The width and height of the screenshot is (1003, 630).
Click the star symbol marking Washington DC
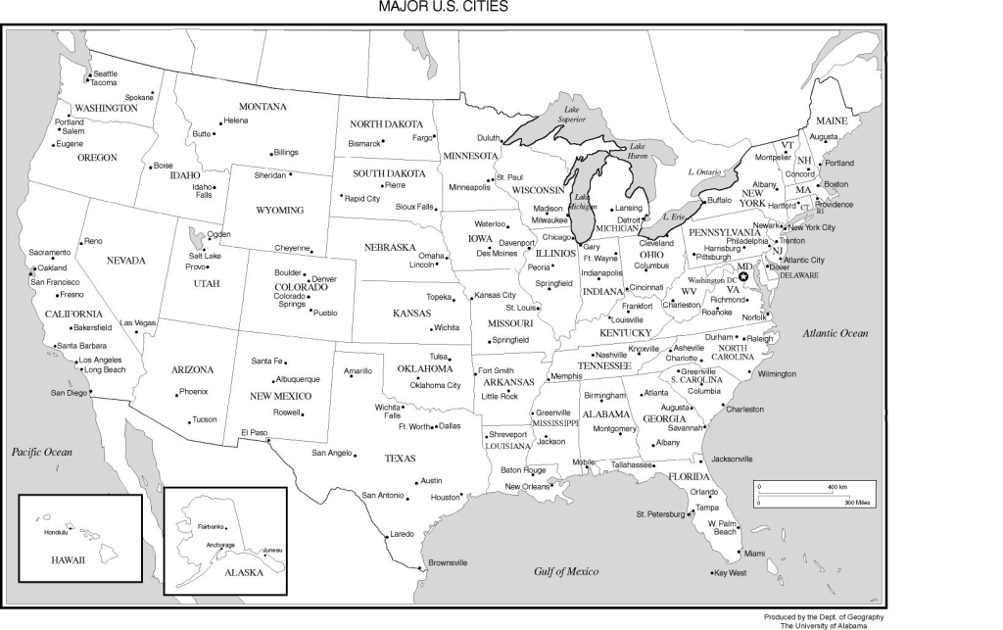coord(743,277)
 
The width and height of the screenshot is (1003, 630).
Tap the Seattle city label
coord(105,73)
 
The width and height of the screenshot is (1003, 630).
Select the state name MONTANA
coord(263,106)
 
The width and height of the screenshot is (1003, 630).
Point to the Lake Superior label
coord(571,115)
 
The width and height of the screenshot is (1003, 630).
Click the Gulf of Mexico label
coord(566,571)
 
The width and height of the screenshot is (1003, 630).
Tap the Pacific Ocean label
coord(42,452)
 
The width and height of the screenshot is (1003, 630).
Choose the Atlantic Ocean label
coord(836,333)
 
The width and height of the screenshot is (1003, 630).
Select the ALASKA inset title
coord(244,573)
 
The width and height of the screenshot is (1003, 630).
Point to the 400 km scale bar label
coord(836,487)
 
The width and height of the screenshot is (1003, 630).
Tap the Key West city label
coord(730,572)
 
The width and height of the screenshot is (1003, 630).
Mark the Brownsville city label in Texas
coord(448,562)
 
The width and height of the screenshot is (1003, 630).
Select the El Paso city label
coord(253,432)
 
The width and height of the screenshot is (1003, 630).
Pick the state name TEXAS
coord(400,459)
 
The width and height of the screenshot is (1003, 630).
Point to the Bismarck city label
coord(363,143)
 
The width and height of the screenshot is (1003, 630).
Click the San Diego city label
coord(69,393)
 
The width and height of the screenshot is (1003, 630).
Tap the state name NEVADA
coord(125,261)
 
